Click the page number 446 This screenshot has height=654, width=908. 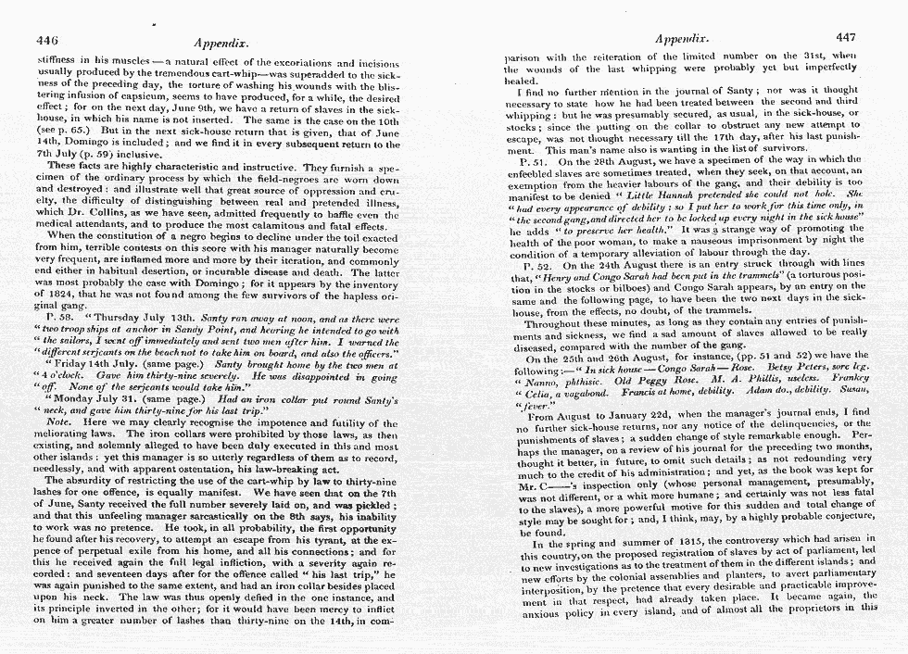tap(47, 42)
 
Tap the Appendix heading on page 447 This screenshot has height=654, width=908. tap(681, 39)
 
